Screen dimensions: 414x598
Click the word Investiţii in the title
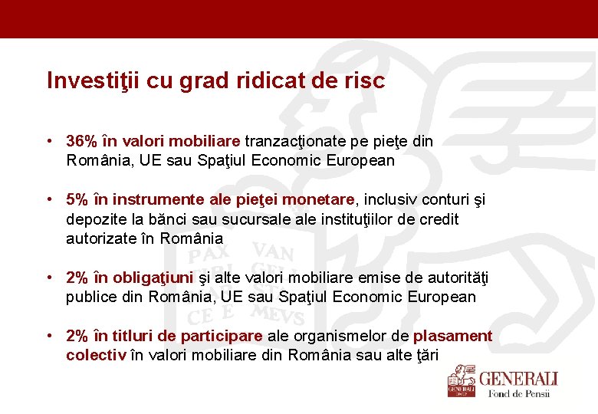82,80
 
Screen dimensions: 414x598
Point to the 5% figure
77,199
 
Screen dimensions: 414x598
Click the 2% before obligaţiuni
77,277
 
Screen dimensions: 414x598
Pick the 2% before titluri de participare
77,335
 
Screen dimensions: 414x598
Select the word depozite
97,219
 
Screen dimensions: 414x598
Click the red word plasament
452,335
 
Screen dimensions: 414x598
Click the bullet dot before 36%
48,141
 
